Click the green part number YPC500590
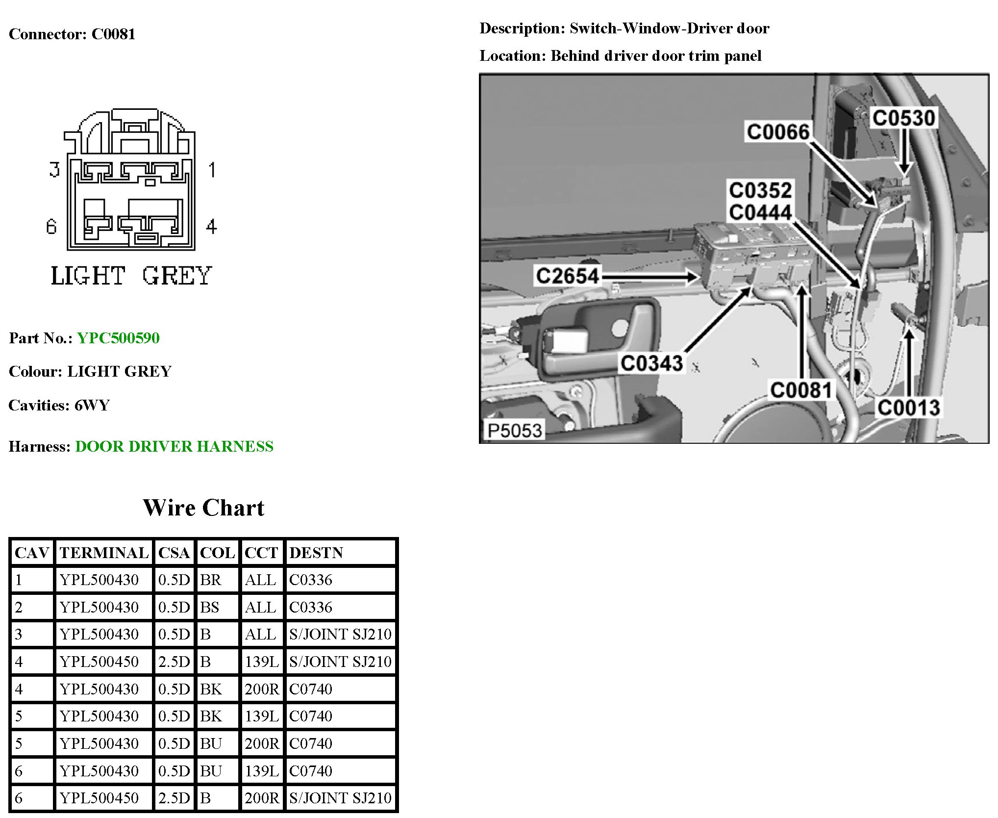click(118, 338)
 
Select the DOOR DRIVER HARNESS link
click(174, 446)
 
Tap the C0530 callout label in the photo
click(903, 118)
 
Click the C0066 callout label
click(777, 132)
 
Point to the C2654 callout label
click(567, 276)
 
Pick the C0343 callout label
click(651, 363)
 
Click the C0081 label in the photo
click(801, 390)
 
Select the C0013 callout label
click(908, 408)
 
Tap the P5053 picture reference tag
click(514, 431)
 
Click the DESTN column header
click(316, 553)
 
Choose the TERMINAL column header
click(104, 553)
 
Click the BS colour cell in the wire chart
click(210, 607)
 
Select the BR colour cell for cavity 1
click(211, 580)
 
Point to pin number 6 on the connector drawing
click(51, 227)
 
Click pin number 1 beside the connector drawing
click(212, 170)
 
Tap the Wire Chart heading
click(203, 508)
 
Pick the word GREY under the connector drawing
click(177, 276)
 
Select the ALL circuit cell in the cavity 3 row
click(260, 634)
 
